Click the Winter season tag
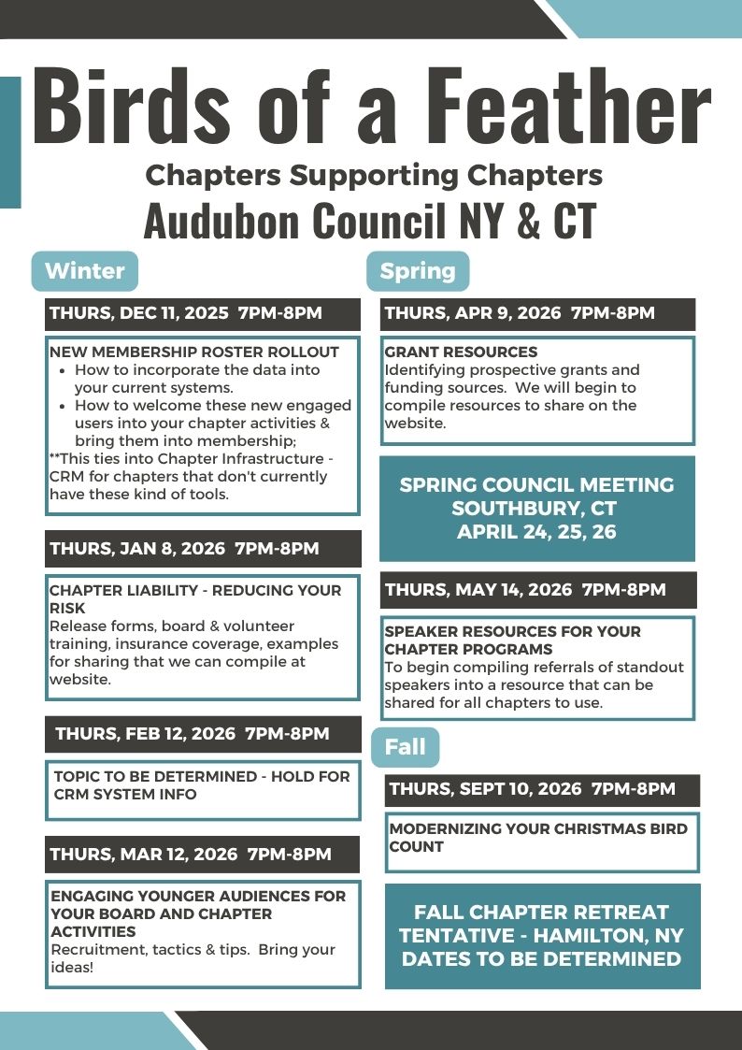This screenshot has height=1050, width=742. tap(85, 271)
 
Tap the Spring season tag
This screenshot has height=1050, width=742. tap(418, 271)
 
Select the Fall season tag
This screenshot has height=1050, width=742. tap(405, 747)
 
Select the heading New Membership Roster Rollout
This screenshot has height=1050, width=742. tap(193, 352)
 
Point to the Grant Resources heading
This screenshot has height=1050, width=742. tap(461, 352)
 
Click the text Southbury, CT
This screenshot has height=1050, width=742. tap(535, 509)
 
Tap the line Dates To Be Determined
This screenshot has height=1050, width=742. tap(542, 959)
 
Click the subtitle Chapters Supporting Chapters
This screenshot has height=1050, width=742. tap(374, 175)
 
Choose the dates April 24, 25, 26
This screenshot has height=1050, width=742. tap(536, 533)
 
